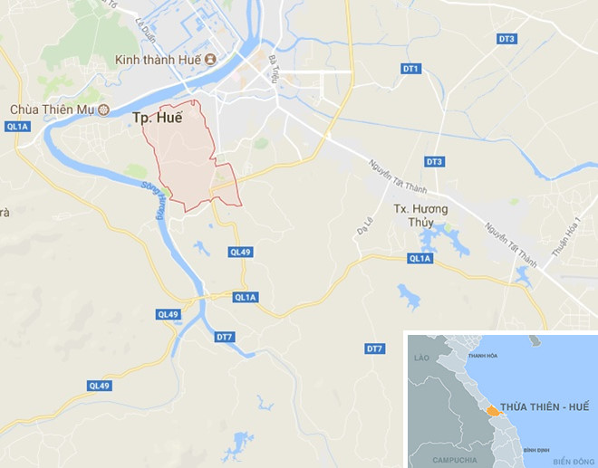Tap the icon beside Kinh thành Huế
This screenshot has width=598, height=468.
pos(210,60)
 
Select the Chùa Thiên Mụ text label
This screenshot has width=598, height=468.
pos(51,110)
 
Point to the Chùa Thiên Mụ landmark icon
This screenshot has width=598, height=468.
pos(103,110)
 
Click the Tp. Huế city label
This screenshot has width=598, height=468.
pos(158,118)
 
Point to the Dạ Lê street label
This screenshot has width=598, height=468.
pos(365,227)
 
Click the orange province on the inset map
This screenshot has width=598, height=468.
pos(491,410)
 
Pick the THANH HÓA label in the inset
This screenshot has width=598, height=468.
pos(482,356)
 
